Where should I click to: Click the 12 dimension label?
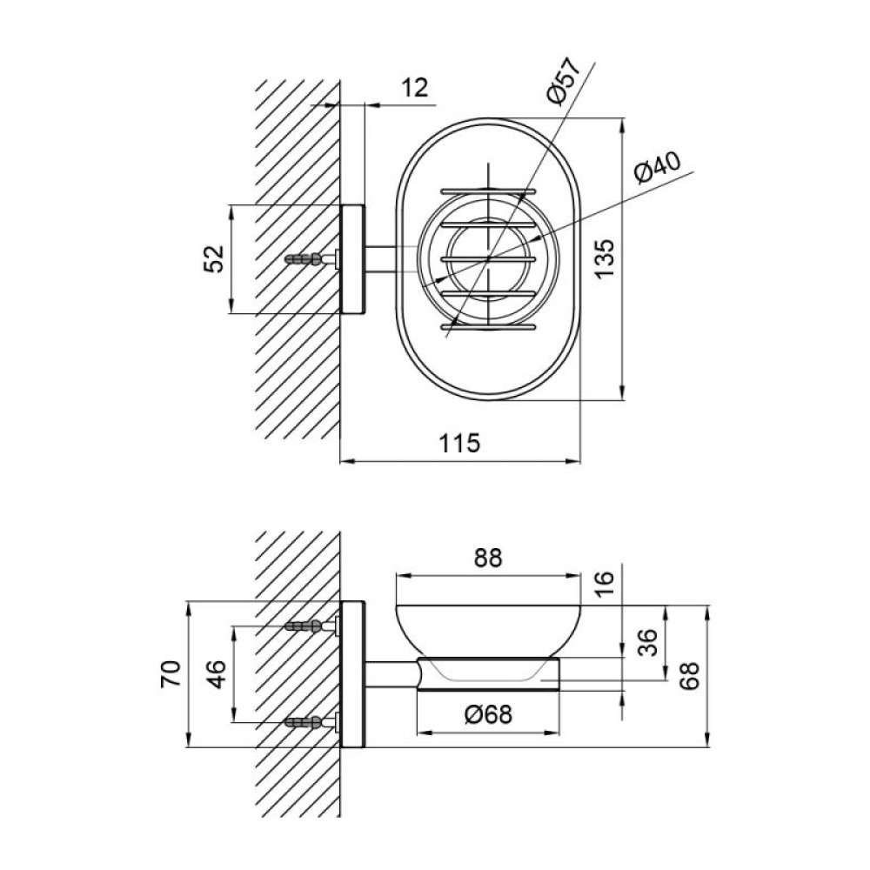(414, 88)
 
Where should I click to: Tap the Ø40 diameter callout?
(658, 167)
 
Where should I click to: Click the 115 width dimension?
(459, 443)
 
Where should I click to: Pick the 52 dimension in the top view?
(214, 258)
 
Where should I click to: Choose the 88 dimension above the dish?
(488, 559)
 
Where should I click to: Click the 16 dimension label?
(605, 585)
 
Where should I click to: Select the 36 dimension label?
(646, 642)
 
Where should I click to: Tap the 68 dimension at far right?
(690, 675)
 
